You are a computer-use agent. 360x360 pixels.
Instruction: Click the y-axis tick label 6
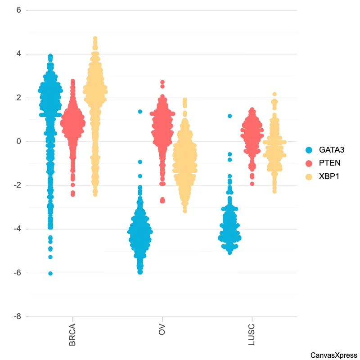pos(19,10)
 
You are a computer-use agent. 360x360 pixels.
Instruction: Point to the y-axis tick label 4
pos(19,54)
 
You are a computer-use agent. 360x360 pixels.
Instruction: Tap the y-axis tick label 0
pos(19,142)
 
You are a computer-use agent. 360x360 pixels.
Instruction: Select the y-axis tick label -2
pos(18,185)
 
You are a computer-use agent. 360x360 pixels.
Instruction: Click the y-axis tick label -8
pos(18,317)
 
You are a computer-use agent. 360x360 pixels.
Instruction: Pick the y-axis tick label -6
pos(18,273)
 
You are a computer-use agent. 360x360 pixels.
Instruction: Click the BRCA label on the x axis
pos(72,334)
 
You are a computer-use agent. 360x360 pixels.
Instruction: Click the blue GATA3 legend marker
pos(309,150)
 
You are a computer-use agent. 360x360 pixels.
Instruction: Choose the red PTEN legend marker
pos(309,163)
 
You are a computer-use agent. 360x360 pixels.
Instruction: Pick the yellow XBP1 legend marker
pos(309,177)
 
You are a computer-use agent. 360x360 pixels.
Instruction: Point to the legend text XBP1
pos(329,177)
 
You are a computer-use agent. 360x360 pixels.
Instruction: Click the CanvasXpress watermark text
pos(333,355)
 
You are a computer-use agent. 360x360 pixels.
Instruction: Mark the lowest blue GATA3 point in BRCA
pos(50,273)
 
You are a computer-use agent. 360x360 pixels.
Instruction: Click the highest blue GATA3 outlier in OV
pos(140,111)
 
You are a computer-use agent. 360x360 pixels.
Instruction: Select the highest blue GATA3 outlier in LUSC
pos(229,116)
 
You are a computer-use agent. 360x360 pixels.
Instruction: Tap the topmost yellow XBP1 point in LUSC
pos(274,94)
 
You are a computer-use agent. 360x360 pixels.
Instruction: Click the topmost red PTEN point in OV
pos(162,82)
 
